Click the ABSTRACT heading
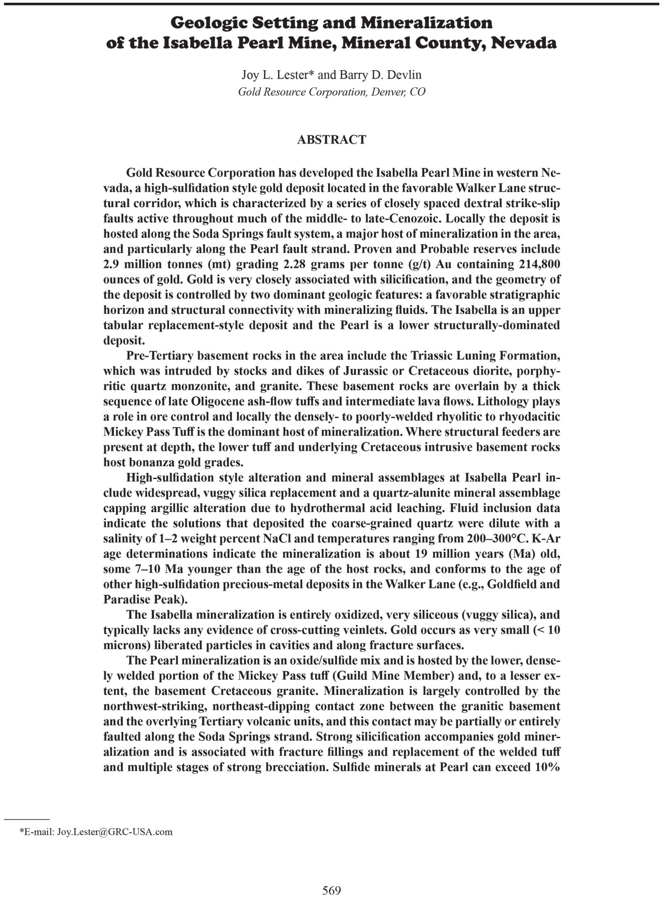[331, 140]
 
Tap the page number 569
[331, 890]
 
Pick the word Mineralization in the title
[426, 23]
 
